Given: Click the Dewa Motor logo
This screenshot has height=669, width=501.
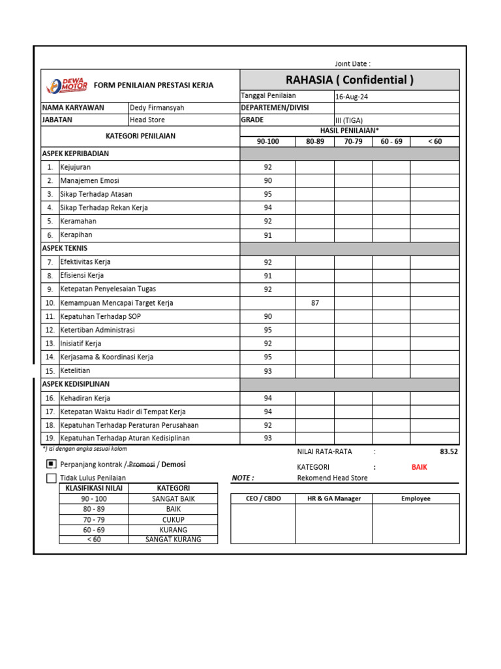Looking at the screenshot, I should coord(66,85).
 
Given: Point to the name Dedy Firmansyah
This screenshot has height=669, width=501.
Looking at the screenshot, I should coord(157,107).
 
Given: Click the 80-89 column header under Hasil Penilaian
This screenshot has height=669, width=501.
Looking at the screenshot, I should coord(314,141).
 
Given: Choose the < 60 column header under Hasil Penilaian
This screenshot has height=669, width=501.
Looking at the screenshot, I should coord(434,141).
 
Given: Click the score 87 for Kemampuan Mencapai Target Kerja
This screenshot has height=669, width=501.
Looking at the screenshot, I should coord(315,302).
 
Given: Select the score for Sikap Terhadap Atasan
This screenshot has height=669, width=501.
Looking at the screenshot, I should coord(267,194).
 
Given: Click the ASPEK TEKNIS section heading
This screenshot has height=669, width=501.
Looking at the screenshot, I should coord(65,248).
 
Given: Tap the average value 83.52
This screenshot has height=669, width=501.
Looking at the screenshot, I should coord(449,451).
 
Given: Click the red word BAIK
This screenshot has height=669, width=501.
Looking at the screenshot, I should coord(419,467).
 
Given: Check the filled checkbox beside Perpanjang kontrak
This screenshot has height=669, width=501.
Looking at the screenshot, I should coord(52,464).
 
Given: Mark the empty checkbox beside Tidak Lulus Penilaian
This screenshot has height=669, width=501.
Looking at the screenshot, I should coord(52,478).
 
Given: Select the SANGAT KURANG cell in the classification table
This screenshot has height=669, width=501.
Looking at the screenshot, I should coord(173,540).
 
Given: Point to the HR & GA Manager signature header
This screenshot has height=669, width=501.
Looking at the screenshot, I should coord(333,498).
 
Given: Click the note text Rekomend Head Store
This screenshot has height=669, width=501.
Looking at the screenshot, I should coord(332,478).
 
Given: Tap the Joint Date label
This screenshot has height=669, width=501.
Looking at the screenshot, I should coord(352,63).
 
